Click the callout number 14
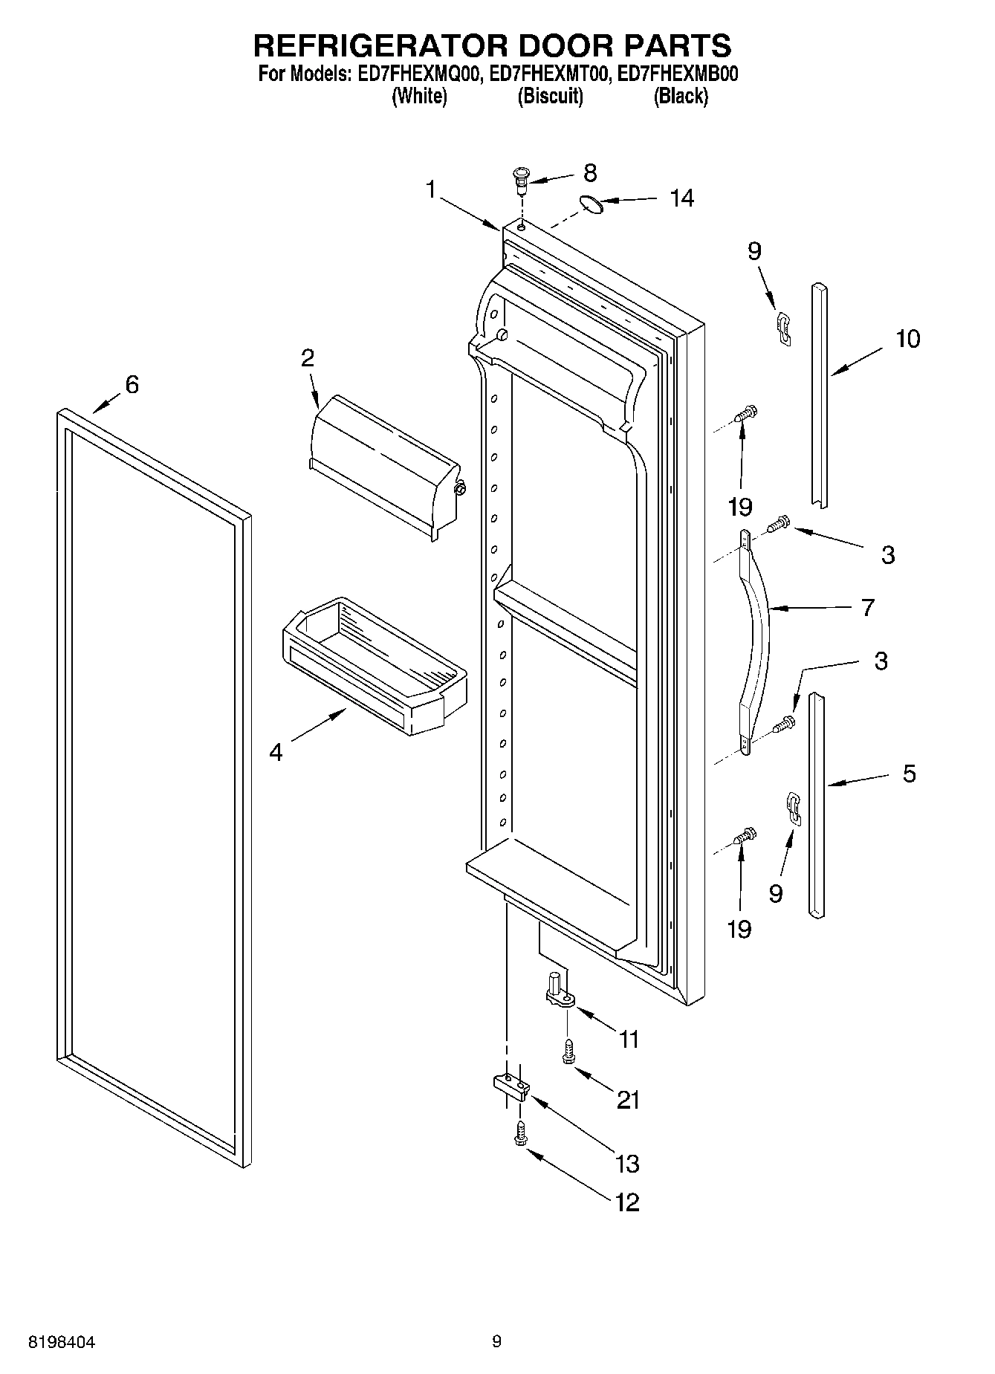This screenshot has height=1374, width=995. [681, 198]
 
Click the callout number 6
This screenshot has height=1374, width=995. [132, 384]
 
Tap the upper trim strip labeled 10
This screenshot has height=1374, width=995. [819, 394]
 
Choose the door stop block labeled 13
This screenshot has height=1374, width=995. [511, 1088]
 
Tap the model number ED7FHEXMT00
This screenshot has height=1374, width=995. [549, 74]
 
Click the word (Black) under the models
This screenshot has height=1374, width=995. [680, 96]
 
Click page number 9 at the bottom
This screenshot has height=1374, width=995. [496, 1342]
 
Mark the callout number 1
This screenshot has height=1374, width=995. [430, 189]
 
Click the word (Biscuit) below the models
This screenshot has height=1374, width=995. [550, 96]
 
